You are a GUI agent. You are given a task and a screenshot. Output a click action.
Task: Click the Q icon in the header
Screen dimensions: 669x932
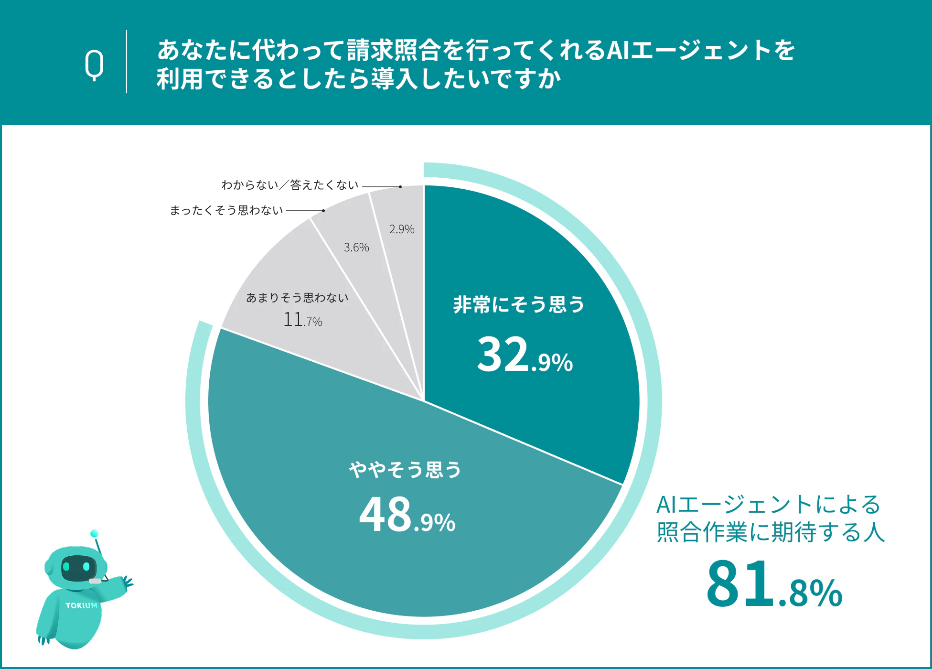point(95,65)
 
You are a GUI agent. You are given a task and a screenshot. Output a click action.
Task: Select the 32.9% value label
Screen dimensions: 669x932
point(525,355)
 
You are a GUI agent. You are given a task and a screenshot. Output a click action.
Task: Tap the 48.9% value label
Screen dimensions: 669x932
point(407,515)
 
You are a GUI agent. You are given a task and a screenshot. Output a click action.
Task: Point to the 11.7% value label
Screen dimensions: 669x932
point(302,320)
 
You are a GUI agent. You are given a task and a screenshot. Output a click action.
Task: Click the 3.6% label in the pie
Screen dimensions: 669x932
point(356,248)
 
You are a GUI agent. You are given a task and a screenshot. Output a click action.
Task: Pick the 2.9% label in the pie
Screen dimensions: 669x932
point(402,229)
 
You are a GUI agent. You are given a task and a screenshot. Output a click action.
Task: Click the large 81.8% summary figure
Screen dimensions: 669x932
point(774,584)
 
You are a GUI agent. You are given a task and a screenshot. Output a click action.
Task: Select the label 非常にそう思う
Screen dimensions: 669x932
point(519,304)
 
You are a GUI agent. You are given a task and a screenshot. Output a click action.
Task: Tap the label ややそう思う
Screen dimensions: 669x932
point(405,470)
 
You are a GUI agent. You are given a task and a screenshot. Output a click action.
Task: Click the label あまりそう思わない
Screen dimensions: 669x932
point(297,298)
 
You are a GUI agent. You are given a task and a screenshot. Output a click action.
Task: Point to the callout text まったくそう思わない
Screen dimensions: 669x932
point(226,211)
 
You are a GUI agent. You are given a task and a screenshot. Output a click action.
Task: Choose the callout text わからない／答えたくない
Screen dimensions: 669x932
point(289,185)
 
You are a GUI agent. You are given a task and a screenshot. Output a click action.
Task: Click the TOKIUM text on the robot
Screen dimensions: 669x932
point(81,605)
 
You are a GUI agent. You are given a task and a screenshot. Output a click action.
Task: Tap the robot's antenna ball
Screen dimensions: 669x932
point(94,533)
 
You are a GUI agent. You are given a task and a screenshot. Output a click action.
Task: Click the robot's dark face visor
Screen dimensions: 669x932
point(78,568)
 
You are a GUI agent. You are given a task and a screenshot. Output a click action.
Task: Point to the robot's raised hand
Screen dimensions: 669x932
point(127,583)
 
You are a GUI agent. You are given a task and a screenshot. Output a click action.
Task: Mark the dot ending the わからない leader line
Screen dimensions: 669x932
point(400,187)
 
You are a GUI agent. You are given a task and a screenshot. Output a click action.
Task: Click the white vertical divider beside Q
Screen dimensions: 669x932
point(127,62)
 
